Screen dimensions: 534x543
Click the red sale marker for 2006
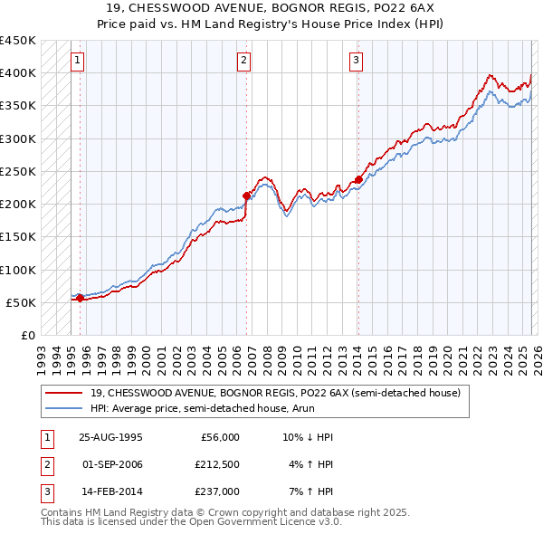(246, 195)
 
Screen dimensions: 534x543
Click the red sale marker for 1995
(80, 298)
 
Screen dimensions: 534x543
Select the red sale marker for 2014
(358, 179)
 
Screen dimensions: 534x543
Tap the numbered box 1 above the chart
(78, 61)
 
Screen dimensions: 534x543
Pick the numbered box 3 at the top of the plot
(357, 61)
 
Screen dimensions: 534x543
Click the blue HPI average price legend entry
(214, 409)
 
